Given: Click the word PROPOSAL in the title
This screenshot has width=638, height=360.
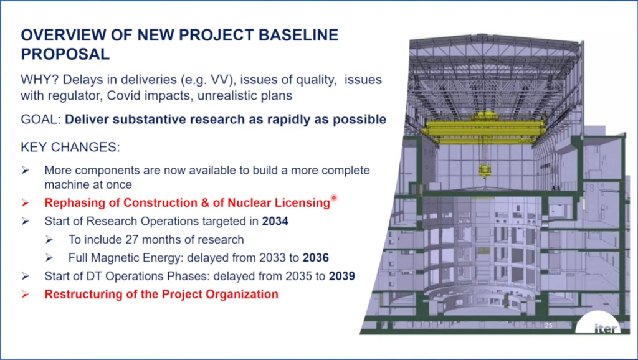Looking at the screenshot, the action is [65, 54].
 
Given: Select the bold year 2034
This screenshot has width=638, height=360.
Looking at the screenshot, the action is [275, 221].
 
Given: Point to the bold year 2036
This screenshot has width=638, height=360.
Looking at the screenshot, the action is [316, 258].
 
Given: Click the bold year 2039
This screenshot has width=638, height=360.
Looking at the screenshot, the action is [342, 276].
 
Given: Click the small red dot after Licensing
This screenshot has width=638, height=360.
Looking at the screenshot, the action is [334, 198].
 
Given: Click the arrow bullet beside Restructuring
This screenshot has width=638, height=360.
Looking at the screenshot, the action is [25, 294].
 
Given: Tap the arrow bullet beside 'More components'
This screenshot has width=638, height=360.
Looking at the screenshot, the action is [25, 170].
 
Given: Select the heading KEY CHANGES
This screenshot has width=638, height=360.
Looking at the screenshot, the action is [70, 147].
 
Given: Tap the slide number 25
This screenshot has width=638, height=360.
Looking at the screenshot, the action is [548, 325].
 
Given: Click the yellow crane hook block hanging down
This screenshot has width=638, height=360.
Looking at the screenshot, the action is [483, 171].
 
